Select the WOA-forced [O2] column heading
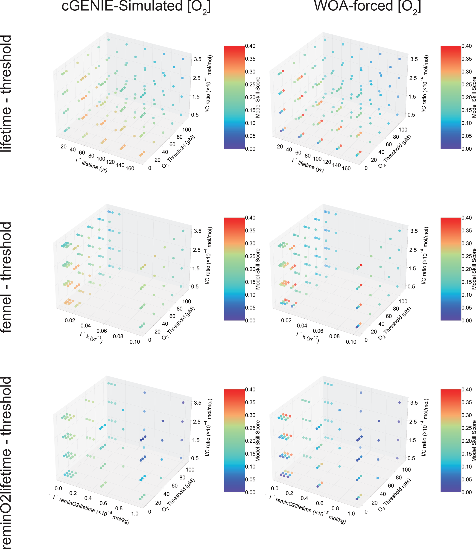tap(367, 7)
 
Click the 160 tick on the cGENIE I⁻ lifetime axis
tap(130, 168)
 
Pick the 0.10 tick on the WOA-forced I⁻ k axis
tap(351, 342)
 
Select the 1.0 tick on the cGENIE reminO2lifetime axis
tap(135, 513)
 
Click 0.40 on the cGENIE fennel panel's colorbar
tap(250, 218)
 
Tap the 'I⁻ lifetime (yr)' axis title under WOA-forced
tap(308, 165)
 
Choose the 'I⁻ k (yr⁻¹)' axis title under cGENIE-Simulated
tap(91, 337)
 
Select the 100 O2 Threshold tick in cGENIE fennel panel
tap(187, 301)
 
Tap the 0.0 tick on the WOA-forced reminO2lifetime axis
tap(275, 488)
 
